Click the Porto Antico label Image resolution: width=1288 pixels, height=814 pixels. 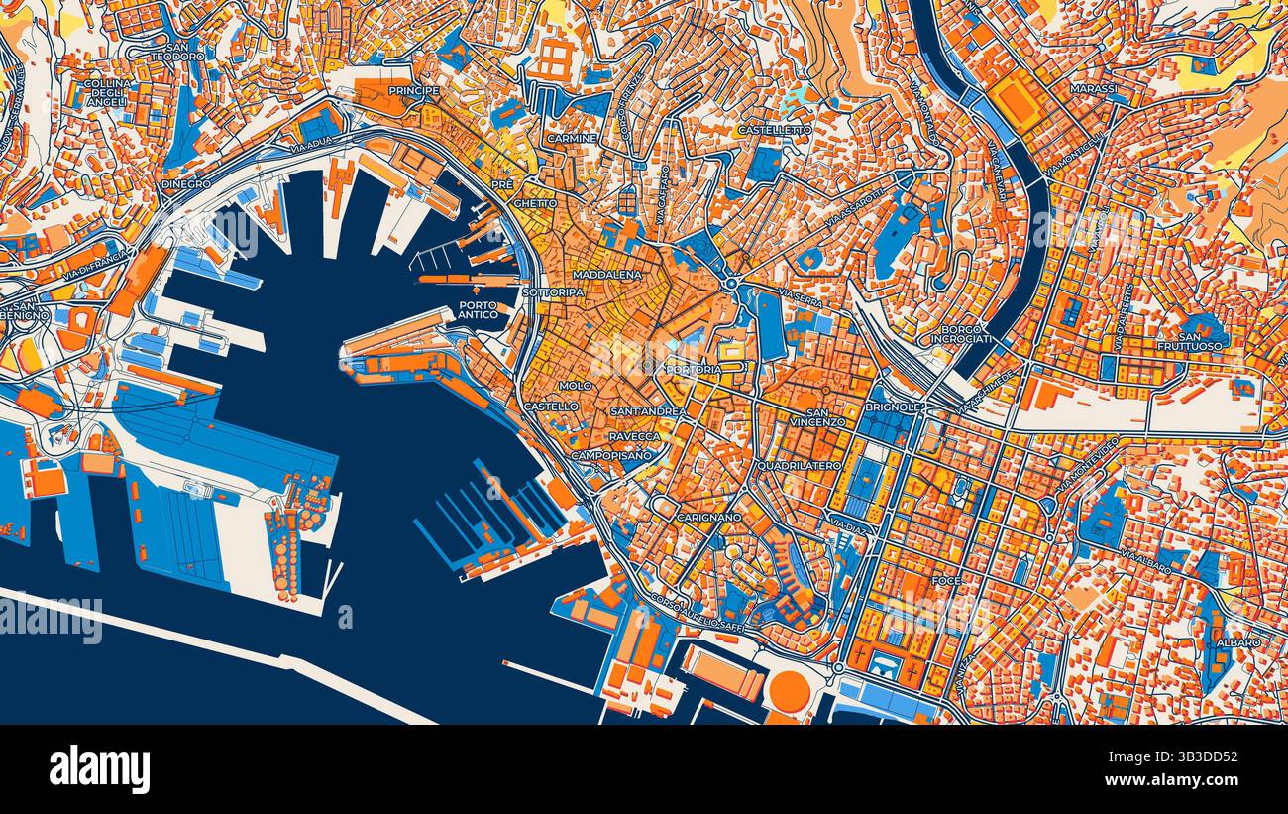click(x=478, y=310)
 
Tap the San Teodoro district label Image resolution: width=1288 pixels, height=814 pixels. click(x=177, y=52)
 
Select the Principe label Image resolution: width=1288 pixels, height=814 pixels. click(x=414, y=90)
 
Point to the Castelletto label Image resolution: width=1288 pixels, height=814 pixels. click(x=774, y=130)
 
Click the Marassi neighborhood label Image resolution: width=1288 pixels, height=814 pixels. click(x=1093, y=89)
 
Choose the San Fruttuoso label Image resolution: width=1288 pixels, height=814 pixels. click(x=1189, y=341)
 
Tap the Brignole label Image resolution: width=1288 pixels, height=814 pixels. click(x=893, y=407)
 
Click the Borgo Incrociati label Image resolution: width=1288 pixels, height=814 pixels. click(x=961, y=334)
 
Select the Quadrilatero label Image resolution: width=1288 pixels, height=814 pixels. click(x=798, y=465)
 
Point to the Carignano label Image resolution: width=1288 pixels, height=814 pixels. click(x=708, y=518)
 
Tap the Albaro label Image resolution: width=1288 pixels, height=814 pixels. click(x=1238, y=642)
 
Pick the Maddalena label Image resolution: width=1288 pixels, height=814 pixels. click(x=606, y=274)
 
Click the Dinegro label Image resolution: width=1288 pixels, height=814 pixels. click(x=185, y=184)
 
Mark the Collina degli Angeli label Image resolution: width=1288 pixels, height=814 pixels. click(x=107, y=92)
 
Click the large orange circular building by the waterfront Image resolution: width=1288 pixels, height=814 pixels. click(x=789, y=690)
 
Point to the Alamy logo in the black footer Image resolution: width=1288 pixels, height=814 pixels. click(x=99, y=769)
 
